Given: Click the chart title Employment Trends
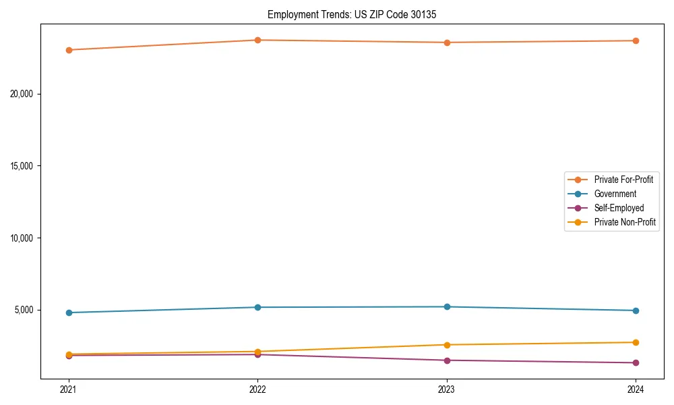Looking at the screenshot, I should point(352,14).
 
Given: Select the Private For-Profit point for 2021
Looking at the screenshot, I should point(68,50).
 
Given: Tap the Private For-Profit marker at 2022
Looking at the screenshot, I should point(257,40).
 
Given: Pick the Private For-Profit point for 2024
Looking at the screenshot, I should point(636,40).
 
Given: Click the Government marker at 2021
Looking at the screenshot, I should point(68,313).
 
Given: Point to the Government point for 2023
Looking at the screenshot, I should point(447,306).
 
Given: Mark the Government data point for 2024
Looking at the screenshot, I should point(636,310).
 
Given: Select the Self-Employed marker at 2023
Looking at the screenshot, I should point(447,360).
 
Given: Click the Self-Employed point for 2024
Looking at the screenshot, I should point(636,362).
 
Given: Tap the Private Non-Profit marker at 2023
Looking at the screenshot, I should point(447,345).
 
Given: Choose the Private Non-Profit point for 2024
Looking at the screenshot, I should point(636,342).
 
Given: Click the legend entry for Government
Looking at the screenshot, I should point(615,194).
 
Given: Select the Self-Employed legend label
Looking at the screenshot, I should point(619,208).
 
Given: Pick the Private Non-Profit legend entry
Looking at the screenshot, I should point(625,222).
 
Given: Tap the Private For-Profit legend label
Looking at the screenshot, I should point(623,180).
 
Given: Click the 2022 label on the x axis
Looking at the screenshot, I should point(257,389).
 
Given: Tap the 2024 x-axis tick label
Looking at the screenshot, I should point(636,389).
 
